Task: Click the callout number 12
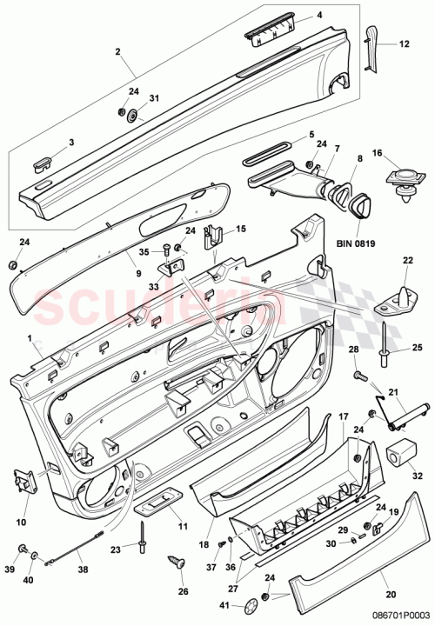[x=403, y=43]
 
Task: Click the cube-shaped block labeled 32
[x=398, y=451]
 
